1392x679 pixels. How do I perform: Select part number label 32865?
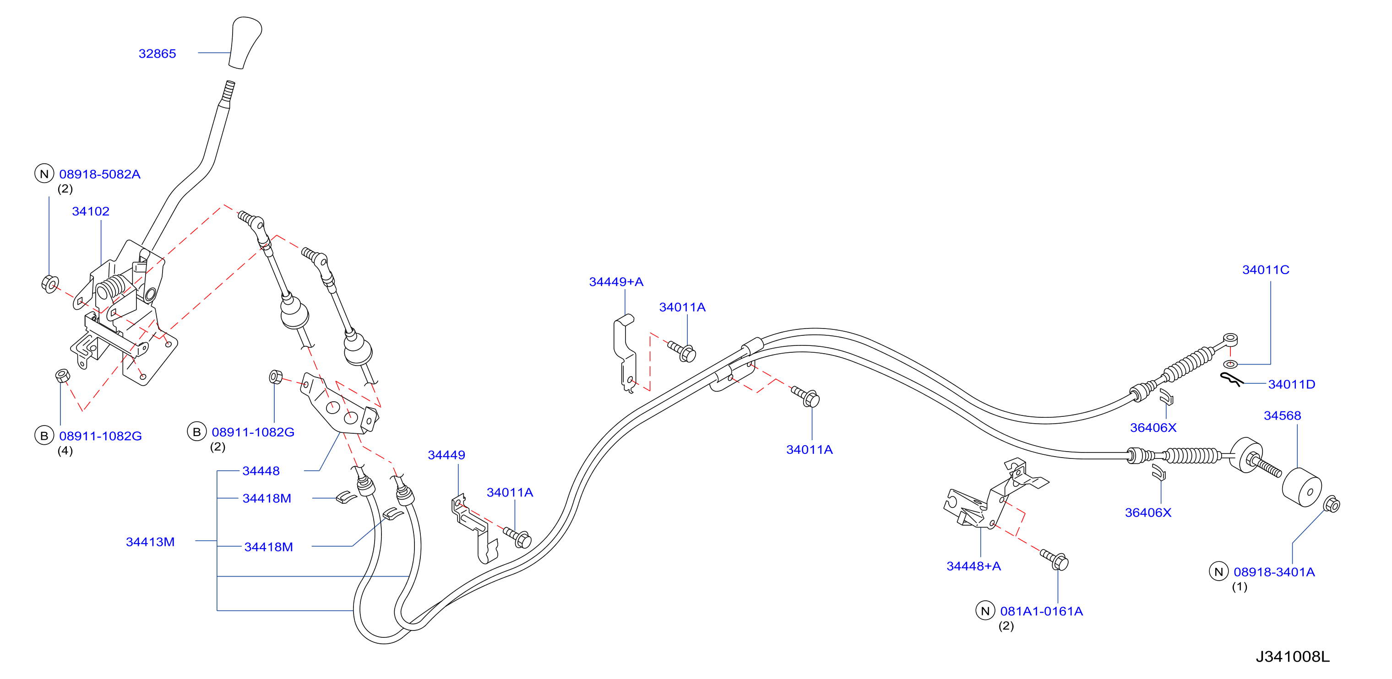coord(157,54)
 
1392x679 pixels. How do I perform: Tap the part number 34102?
coord(91,211)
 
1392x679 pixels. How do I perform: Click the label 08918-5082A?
coord(100,174)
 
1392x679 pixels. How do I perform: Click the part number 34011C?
coord(1266,269)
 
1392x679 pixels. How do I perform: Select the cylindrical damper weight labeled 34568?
coord(1302,487)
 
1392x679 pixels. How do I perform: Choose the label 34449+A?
coord(616,281)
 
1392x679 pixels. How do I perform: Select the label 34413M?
coord(150,542)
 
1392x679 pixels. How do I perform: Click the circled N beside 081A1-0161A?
coord(985,610)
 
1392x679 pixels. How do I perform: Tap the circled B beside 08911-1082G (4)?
coord(44,436)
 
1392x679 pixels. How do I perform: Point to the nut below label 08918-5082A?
coord(50,284)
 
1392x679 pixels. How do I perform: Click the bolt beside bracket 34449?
coord(518,537)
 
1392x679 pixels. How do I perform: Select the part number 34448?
coord(261,470)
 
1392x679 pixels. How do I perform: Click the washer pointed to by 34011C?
coord(1230,364)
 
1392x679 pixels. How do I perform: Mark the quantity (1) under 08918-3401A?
coord(1239,587)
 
